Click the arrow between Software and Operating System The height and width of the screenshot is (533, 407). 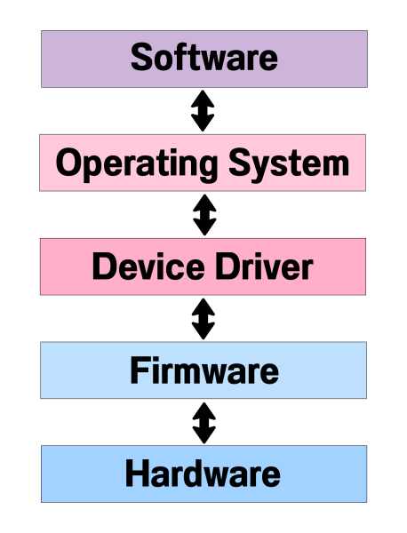coord(203,111)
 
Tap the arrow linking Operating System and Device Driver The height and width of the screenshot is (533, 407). coord(203,215)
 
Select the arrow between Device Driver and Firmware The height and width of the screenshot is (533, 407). coord(203,319)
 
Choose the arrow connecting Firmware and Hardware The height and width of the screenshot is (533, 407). coord(203,423)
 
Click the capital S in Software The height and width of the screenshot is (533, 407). coord(142,59)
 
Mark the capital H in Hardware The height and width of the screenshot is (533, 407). coord(137,473)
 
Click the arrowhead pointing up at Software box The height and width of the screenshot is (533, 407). coord(203,97)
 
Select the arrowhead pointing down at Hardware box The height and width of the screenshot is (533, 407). coord(203,437)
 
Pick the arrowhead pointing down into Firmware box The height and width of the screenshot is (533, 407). coord(203,333)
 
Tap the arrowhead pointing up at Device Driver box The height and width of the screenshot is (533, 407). coord(203,305)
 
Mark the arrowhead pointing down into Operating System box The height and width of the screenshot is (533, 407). coord(203,125)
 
